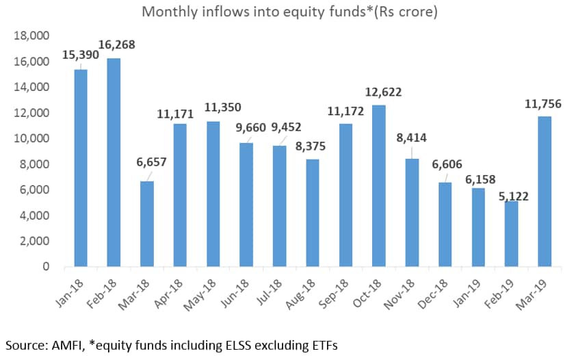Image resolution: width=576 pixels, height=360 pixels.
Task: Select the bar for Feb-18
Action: point(114,162)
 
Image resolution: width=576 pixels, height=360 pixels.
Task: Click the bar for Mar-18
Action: point(146,224)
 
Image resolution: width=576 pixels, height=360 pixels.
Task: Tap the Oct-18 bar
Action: point(378,185)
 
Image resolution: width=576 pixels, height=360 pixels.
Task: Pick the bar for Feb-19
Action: point(511,233)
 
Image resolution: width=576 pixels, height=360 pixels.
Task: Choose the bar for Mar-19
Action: point(545,191)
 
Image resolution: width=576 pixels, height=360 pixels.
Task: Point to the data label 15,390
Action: point(81,53)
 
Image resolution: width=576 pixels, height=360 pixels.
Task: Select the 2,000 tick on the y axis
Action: point(33,241)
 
